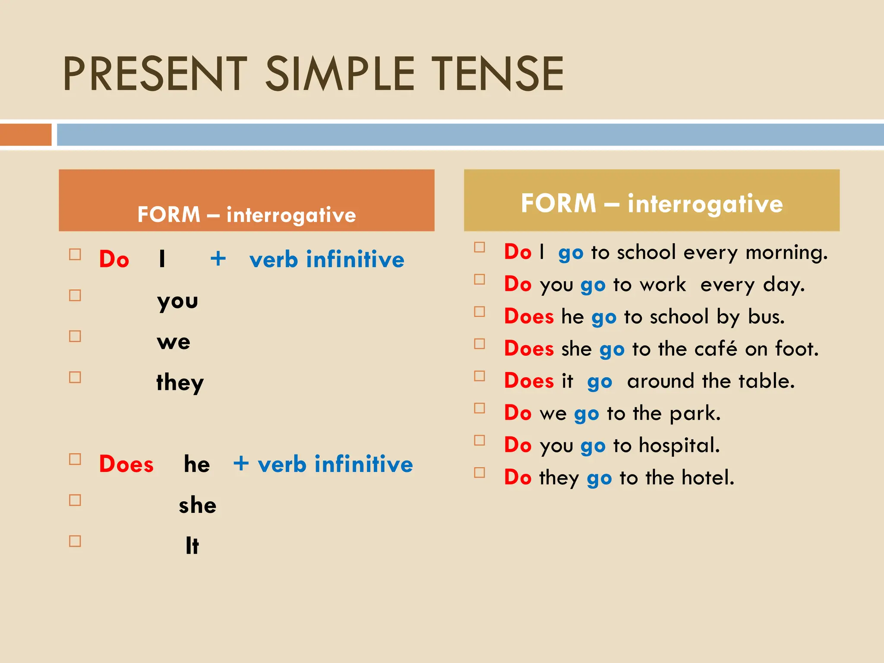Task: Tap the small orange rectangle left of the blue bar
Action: (25, 135)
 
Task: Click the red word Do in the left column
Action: (114, 259)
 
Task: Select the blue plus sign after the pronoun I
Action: (218, 259)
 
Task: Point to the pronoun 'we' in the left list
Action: (174, 342)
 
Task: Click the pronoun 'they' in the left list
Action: (180, 383)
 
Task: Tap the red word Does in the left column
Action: (126, 464)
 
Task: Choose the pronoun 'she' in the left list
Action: (198, 505)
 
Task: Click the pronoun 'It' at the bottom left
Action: (192, 546)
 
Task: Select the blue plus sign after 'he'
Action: (241, 464)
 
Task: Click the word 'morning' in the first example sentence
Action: (786, 253)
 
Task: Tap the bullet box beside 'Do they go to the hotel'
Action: (480, 473)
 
